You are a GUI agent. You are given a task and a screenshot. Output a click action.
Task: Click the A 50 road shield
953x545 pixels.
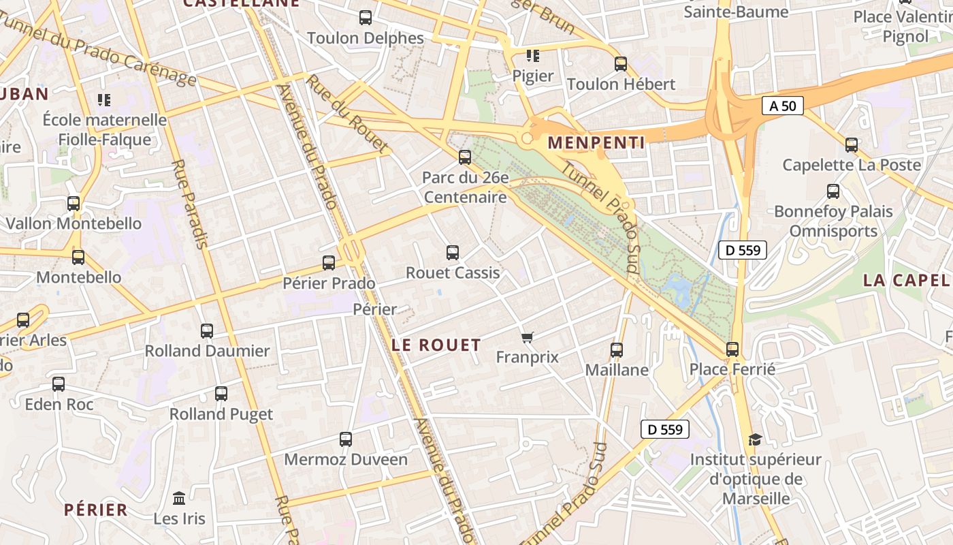pos(782,106)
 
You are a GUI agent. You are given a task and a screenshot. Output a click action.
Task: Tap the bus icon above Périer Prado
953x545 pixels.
pos(329,262)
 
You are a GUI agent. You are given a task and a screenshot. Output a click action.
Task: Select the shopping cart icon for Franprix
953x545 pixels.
pos(528,337)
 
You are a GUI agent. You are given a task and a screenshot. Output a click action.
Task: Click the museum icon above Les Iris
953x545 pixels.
pos(179,498)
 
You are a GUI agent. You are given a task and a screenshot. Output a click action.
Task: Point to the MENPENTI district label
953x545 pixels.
pos(596,142)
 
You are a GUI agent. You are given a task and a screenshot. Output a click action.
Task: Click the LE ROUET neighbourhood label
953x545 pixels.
pos(436,345)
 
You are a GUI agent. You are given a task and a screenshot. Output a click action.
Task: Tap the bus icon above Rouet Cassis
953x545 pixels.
pos(453,253)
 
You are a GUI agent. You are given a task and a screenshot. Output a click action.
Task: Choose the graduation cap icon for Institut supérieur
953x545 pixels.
pos(755,439)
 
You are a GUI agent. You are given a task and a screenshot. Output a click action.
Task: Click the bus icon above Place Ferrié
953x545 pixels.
pos(732,349)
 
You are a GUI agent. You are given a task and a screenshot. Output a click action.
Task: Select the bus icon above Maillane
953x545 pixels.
pos(617,350)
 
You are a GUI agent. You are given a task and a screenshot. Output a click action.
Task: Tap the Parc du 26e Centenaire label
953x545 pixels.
pos(465,187)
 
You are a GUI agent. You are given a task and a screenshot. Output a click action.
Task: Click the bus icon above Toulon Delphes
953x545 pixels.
pos(366,18)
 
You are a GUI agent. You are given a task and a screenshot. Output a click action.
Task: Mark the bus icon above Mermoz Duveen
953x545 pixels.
pos(346,439)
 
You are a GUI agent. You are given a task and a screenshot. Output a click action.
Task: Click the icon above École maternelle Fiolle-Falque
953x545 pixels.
pos(104,100)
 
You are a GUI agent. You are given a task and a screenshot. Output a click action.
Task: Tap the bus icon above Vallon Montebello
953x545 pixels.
pos(74,203)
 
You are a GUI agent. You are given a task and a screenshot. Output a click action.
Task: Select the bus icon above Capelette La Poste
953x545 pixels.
pos(852,145)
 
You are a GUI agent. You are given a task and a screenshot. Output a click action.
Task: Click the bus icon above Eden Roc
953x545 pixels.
pos(59,384)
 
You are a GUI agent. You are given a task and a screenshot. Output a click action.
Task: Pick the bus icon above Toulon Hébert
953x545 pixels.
pos(621,64)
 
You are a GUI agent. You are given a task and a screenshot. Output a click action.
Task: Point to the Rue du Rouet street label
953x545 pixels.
pos(347,113)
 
